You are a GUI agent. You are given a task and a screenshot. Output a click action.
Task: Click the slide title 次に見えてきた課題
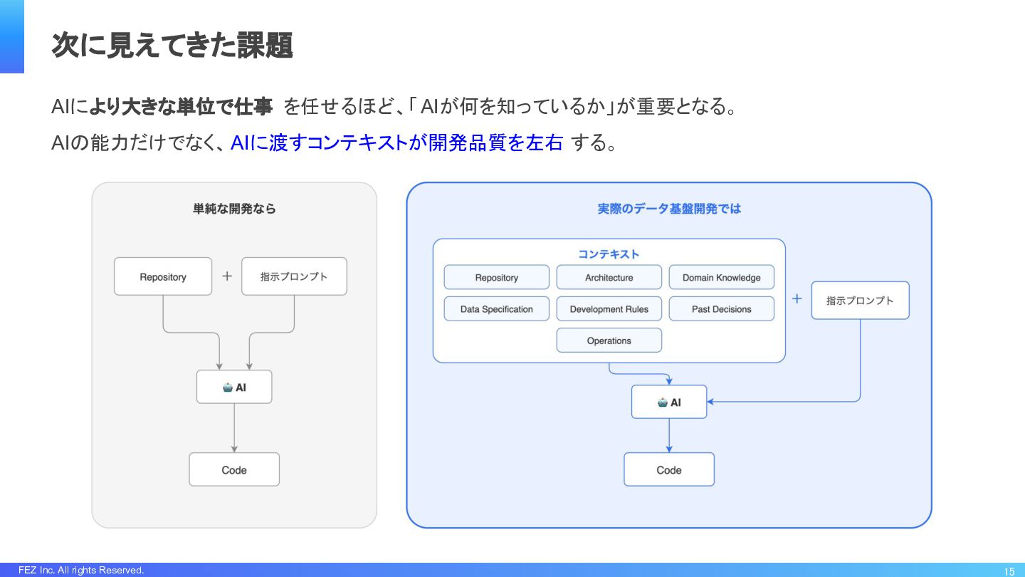coord(172,46)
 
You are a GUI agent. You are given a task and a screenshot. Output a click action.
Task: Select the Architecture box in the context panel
coord(609,277)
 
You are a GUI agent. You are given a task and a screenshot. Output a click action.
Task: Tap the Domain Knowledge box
coord(722,277)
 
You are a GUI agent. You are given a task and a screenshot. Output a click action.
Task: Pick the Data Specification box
coord(497,308)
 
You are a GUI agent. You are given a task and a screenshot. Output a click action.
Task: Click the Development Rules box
coord(609,308)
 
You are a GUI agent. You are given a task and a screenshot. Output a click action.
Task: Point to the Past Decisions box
coord(722,308)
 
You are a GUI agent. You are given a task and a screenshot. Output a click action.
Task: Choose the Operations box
coord(609,341)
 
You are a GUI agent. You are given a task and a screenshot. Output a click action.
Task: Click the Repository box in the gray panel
coord(163,276)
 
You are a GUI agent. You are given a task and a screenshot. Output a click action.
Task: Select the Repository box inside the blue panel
coord(497,277)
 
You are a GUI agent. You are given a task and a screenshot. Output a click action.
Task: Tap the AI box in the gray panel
coord(234,387)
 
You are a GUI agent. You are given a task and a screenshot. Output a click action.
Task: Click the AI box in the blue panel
coord(669,402)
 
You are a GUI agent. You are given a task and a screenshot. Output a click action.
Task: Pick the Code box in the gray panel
coord(234,469)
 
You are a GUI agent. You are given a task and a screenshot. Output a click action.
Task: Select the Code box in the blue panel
coord(669,469)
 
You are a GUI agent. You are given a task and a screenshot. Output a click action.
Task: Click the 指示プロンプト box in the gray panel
coord(294,276)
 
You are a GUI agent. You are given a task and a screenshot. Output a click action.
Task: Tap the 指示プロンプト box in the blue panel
coord(861,301)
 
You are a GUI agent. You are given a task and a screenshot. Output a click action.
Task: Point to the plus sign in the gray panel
coord(227,276)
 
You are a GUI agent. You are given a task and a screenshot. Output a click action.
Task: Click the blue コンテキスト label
coord(609,254)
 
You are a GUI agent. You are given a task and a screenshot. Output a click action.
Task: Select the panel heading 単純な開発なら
coord(234,209)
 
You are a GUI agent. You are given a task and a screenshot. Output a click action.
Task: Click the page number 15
coord(1009,571)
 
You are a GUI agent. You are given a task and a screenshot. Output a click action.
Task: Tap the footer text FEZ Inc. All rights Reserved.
coord(81,570)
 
